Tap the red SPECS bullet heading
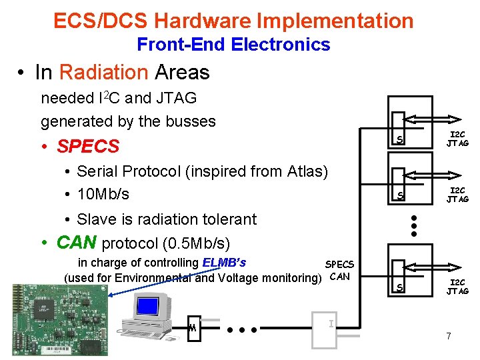click(88, 146)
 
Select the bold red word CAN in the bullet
click(75, 241)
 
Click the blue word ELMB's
click(223, 263)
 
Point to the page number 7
click(449, 336)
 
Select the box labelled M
click(193, 327)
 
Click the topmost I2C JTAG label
click(457, 139)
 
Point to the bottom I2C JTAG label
click(457, 287)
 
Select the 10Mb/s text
click(103, 195)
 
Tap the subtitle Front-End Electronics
click(233, 45)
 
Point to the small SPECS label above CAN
click(339, 265)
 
